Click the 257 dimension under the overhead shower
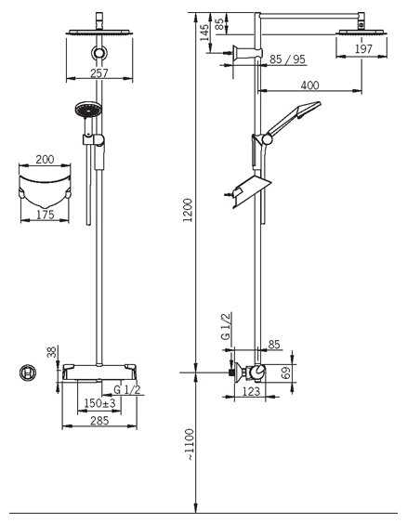99,73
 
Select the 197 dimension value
363,49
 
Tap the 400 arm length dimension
310,85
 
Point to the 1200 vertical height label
188,210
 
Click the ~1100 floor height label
189,445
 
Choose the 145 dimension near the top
204,33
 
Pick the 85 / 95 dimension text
287,59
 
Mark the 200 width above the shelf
45,160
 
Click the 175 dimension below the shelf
45,215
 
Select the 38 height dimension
52,352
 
